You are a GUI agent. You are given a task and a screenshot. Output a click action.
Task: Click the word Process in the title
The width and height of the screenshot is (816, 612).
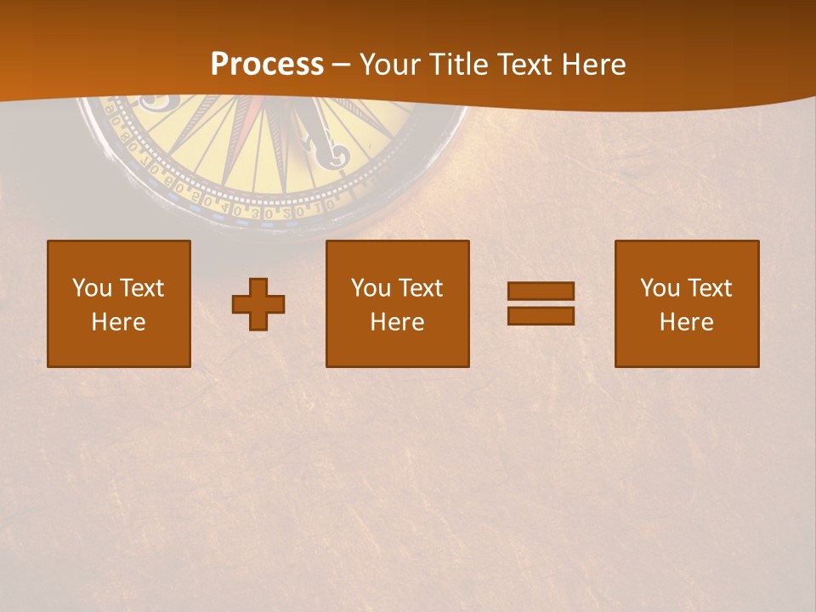tap(267, 65)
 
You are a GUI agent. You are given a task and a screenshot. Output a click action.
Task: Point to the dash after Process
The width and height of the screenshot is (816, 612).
tap(341, 65)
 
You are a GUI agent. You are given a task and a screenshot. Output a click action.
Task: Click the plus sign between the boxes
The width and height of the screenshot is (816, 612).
tap(258, 304)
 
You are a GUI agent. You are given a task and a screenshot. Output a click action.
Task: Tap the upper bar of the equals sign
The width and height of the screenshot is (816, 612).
tap(541, 292)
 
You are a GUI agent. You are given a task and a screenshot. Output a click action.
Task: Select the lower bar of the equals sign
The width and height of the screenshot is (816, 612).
tap(541, 315)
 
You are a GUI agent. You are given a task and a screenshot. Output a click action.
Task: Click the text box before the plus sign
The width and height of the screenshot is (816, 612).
tap(119, 303)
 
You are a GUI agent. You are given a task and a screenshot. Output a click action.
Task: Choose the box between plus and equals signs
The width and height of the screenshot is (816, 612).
tap(398, 303)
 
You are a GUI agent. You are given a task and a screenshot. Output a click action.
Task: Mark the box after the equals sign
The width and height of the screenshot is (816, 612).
tap(687, 303)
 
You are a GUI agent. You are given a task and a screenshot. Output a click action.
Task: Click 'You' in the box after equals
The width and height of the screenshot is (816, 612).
tap(660, 288)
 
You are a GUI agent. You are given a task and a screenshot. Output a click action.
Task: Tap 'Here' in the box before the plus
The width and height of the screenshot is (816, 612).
tap(119, 322)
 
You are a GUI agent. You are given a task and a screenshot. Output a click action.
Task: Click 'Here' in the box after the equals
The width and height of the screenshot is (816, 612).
tap(687, 322)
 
